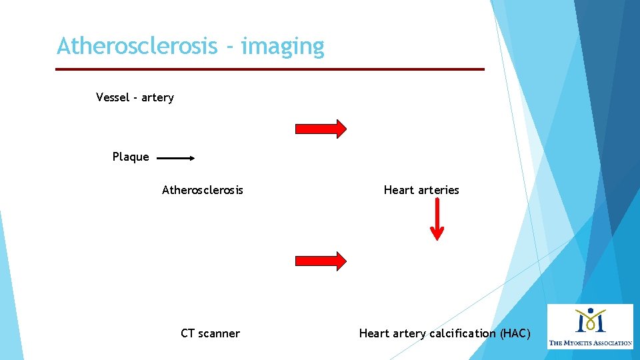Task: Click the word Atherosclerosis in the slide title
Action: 137,47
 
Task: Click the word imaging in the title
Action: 283,47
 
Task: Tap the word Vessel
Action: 113,97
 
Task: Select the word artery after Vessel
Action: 157,97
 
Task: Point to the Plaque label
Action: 131,157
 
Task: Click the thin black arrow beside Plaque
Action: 175,159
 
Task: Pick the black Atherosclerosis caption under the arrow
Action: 203,190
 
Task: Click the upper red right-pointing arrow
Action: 321,129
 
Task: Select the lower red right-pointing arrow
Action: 321,261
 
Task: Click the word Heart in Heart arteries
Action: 399,190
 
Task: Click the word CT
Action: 187,333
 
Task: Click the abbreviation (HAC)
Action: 515,333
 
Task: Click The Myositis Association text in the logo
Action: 590,343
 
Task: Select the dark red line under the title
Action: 269,69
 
